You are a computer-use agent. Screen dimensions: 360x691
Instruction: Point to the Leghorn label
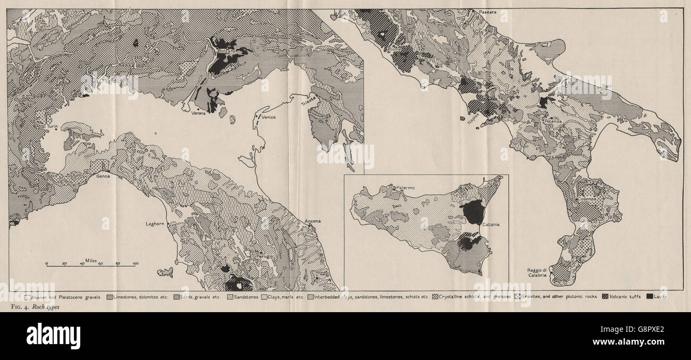click(x=156, y=224)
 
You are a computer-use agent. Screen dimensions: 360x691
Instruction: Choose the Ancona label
click(x=313, y=221)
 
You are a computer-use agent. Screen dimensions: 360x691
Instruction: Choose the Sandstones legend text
click(x=246, y=296)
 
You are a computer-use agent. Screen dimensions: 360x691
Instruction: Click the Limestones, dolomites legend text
click(x=140, y=296)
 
